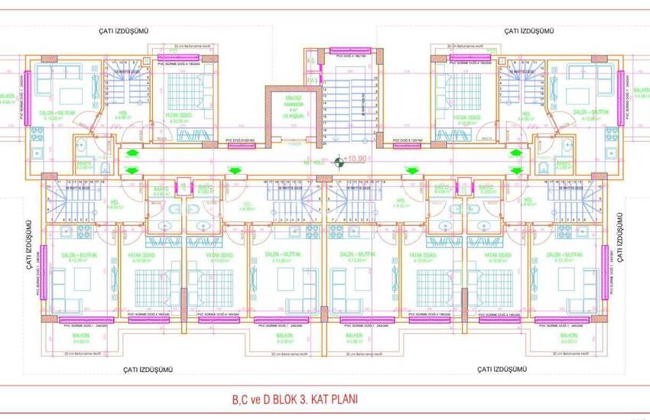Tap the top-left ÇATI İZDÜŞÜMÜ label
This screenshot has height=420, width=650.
(x=122, y=30)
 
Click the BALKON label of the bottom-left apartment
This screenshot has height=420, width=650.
(x=74, y=335)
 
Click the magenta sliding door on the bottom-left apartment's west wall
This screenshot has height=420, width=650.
(x=45, y=267)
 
